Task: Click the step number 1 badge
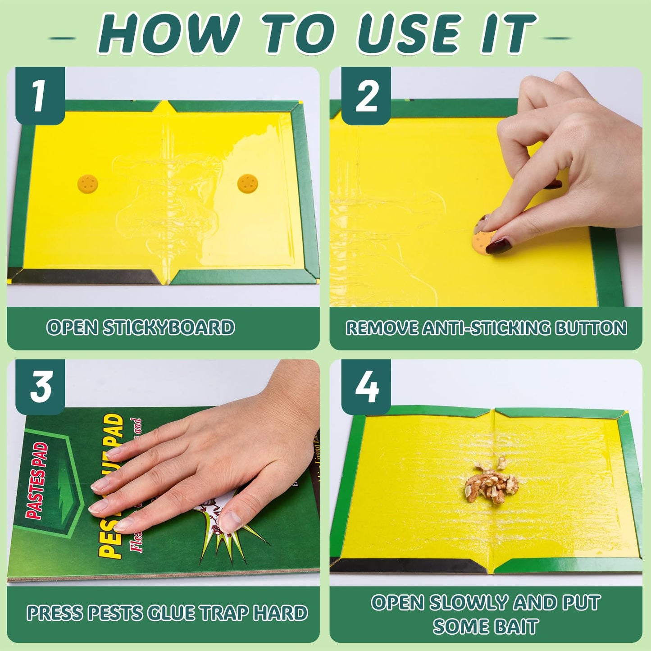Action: coord(40,96)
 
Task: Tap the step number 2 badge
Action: coord(366,96)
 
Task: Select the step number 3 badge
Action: coord(40,387)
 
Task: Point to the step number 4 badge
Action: coord(366,387)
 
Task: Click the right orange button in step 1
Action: coord(247,183)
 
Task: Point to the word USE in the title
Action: coord(409,34)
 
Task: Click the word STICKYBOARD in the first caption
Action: coord(169,328)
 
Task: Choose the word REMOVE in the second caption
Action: coord(382,328)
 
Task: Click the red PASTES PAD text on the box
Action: coord(37,480)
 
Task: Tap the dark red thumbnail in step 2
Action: coord(499,246)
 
